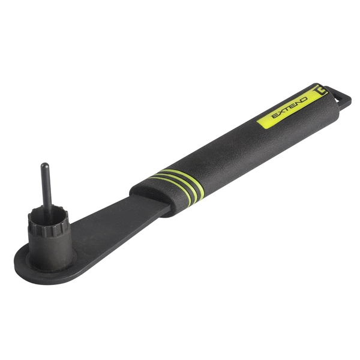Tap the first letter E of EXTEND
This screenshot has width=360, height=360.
274,116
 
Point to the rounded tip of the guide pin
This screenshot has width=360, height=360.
43,166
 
